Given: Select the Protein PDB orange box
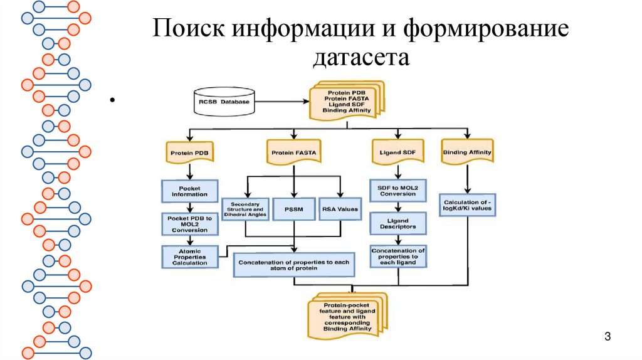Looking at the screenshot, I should coord(189,152).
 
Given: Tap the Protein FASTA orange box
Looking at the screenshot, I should coord(293,152).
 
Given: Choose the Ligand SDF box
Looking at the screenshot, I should coord(398,152).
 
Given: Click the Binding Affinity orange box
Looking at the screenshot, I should coord(466,152).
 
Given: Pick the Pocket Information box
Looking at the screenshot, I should coord(189,191).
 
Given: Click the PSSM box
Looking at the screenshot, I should coord(293,209).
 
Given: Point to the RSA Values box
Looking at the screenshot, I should coord(339,209).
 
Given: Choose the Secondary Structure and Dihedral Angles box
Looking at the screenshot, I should coord(245,209).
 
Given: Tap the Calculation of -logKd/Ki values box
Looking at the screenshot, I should coord(466,205).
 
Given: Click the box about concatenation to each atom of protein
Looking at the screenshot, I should coord(294,264).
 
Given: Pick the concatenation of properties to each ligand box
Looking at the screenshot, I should coord(397,257).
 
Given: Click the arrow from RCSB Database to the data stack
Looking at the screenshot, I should coord(283,101).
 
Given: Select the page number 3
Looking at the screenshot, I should coord(607,337).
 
